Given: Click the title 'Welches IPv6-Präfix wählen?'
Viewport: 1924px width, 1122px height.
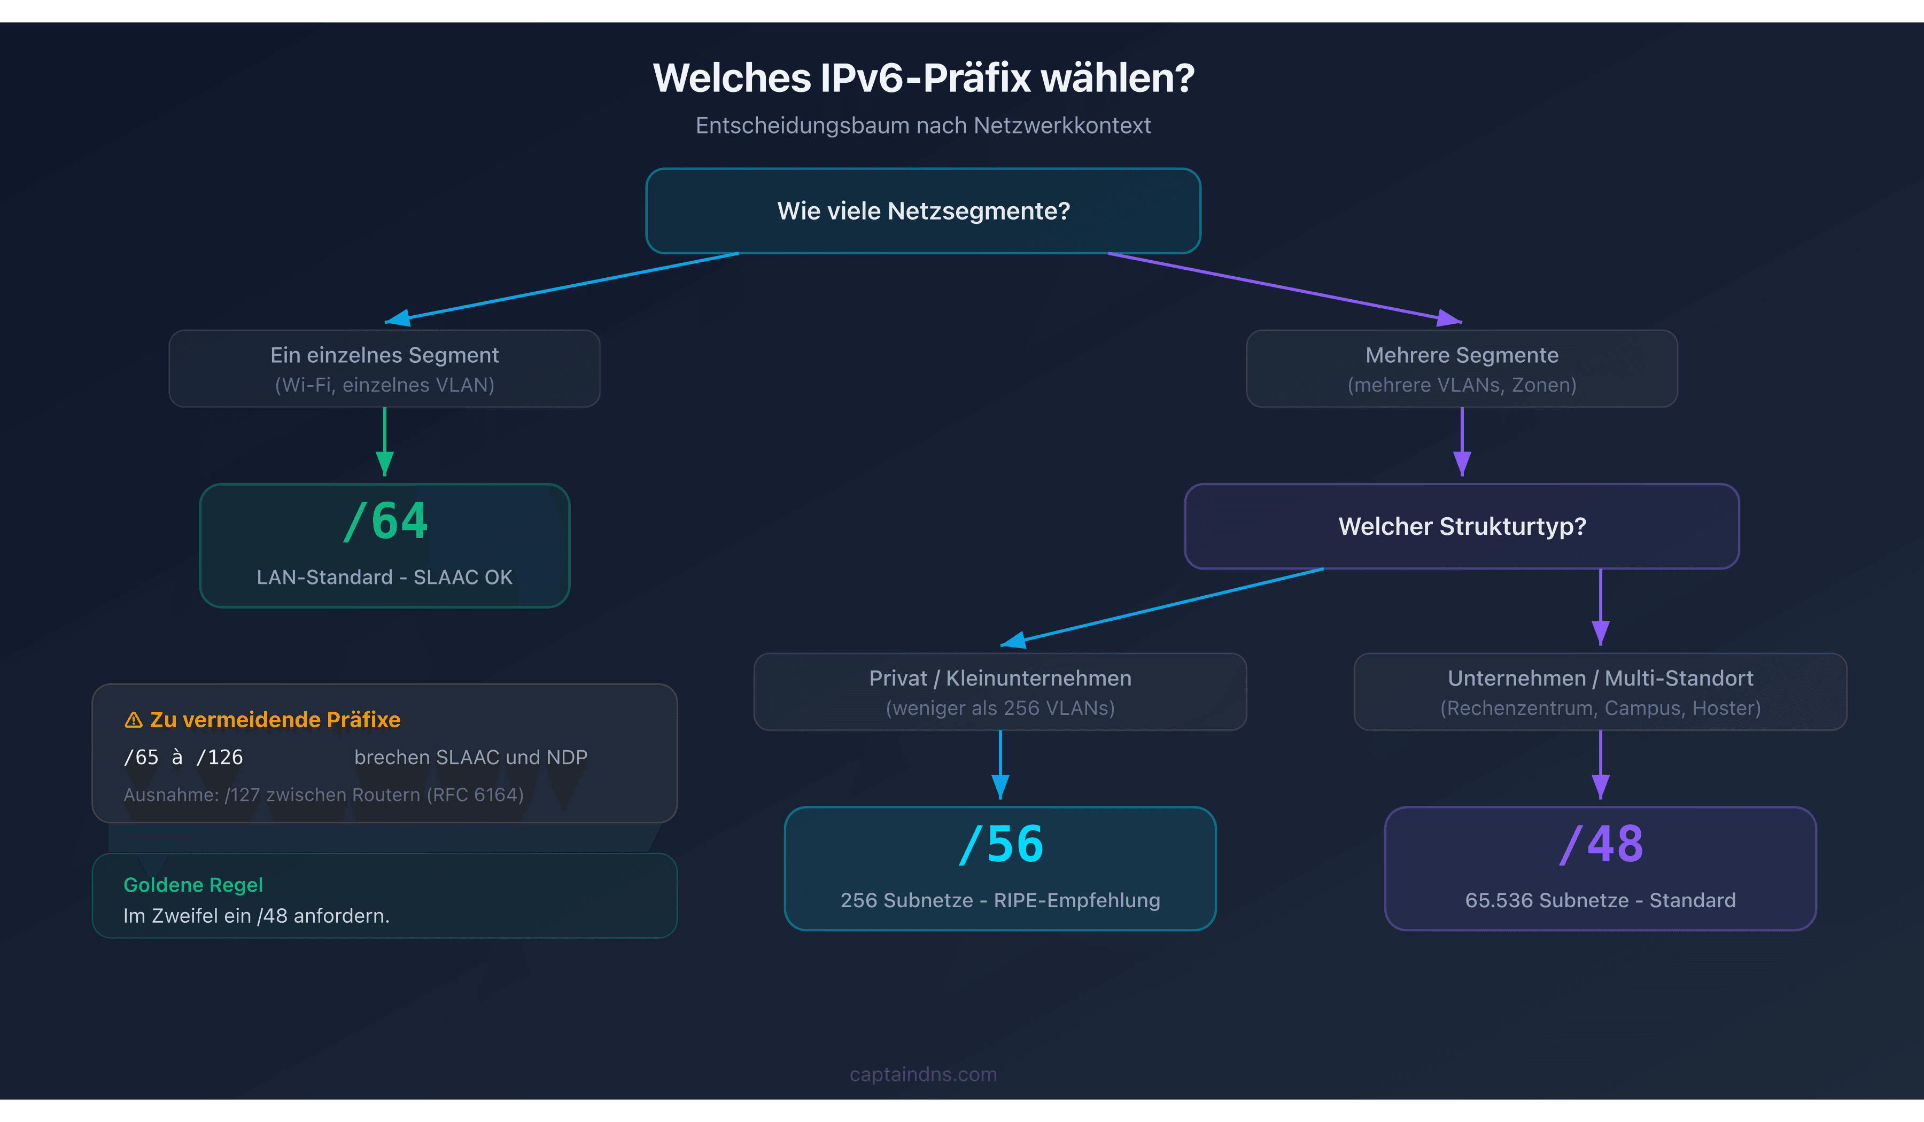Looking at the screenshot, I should click(923, 78).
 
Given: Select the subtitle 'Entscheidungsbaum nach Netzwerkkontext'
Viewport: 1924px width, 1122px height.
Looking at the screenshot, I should click(923, 125).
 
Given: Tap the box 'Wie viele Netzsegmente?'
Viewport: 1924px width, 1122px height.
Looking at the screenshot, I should click(923, 211).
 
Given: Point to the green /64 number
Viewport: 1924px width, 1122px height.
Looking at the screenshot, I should click(385, 521).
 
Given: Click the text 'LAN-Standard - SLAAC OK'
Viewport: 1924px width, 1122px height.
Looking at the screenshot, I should click(384, 577).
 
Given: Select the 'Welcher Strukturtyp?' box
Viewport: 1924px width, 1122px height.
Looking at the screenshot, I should click(1461, 526).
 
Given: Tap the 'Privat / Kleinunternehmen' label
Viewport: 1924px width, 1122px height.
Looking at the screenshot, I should click(1000, 678).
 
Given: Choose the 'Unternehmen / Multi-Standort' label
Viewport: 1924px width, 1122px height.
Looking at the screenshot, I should click(1600, 678).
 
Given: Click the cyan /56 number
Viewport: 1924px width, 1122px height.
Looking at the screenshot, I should click(1001, 844).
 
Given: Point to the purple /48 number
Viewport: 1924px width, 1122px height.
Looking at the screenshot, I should click(1601, 844).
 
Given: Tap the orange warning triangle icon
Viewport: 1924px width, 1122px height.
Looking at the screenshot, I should click(134, 720).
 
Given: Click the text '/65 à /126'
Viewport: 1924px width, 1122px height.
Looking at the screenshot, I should click(183, 757).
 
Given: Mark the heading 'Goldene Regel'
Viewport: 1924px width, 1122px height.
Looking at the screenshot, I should click(193, 885).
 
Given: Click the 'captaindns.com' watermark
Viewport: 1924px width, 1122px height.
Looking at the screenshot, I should click(923, 1074).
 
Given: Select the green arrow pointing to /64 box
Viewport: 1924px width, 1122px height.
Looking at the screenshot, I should click(385, 443).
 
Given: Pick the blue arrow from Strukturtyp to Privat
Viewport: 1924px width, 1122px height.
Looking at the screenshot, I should click(1160, 607).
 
